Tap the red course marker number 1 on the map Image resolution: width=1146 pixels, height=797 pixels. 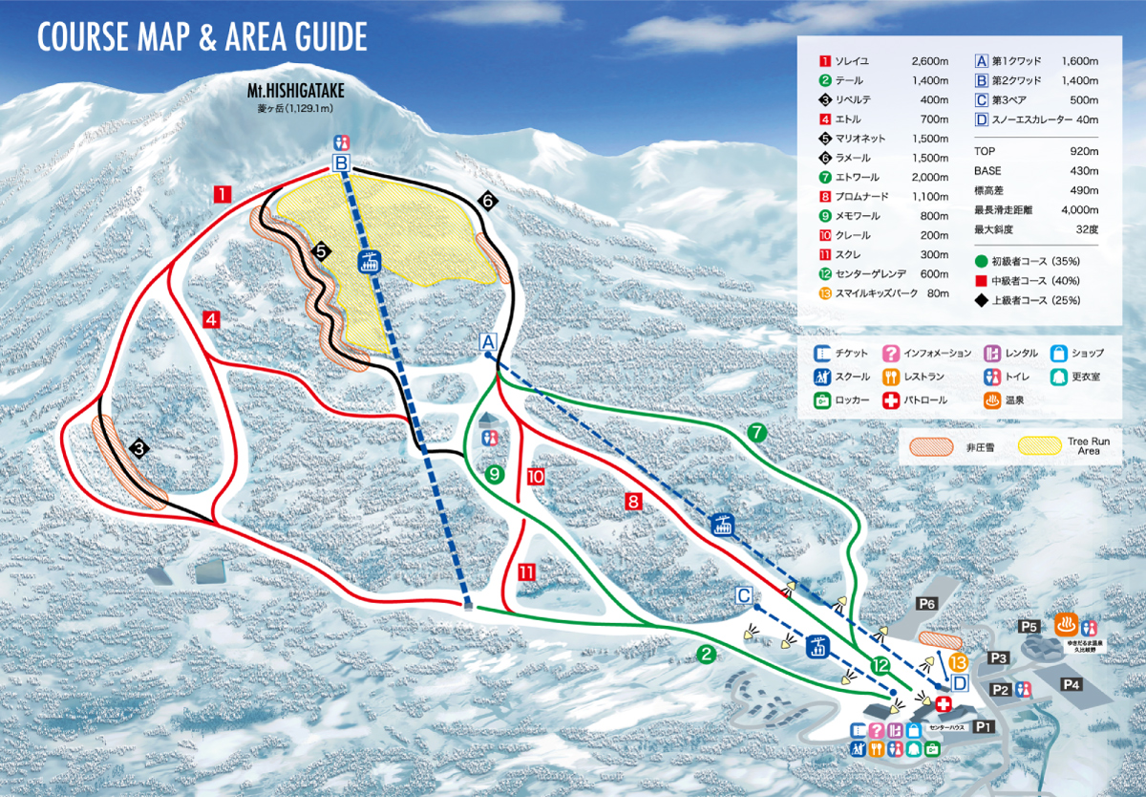point(222,195)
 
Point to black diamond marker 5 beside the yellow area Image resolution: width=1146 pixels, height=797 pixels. point(321,251)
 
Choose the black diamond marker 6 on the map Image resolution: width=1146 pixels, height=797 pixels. point(487,201)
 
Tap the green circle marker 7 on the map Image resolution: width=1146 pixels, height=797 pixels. point(757,433)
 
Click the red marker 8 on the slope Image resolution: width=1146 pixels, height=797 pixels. point(631,500)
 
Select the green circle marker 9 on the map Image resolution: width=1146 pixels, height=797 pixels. point(494,473)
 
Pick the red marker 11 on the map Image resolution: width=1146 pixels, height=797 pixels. point(526,572)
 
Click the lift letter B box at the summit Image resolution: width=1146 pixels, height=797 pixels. point(341,162)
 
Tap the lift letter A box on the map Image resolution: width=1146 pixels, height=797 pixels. point(488,341)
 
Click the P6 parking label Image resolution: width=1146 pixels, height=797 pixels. point(926,603)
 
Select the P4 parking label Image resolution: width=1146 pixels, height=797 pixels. point(1071,684)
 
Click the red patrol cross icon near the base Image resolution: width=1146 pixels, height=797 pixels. point(944,704)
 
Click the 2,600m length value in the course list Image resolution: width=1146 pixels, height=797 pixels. point(931,60)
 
